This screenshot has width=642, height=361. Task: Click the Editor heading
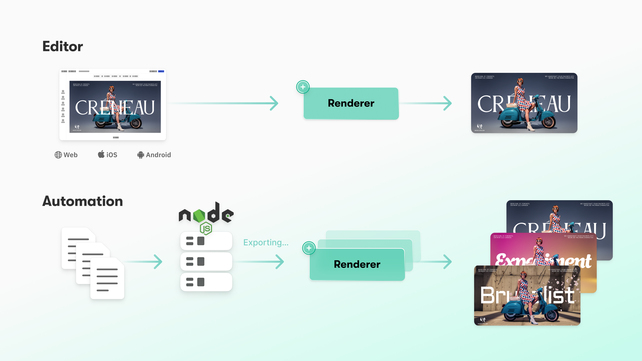tap(63, 47)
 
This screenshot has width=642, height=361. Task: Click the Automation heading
tap(82, 201)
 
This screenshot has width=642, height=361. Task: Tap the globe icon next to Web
tap(58, 155)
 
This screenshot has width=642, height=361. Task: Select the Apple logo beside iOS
tap(101, 154)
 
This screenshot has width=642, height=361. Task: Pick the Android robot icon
tap(141, 155)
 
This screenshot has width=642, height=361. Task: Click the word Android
tap(158, 155)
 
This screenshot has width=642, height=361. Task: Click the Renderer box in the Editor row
tap(351, 103)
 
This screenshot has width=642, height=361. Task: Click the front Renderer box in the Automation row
tap(357, 264)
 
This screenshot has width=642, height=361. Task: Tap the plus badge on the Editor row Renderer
tap(303, 87)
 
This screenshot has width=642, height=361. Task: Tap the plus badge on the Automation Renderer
tap(309, 248)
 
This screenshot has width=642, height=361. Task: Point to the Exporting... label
tap(266, 243)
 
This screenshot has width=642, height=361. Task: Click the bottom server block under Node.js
tap(206, 282)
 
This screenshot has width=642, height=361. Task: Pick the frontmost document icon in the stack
tap(107, 279)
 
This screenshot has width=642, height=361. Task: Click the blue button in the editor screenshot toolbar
tap(161, 71)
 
